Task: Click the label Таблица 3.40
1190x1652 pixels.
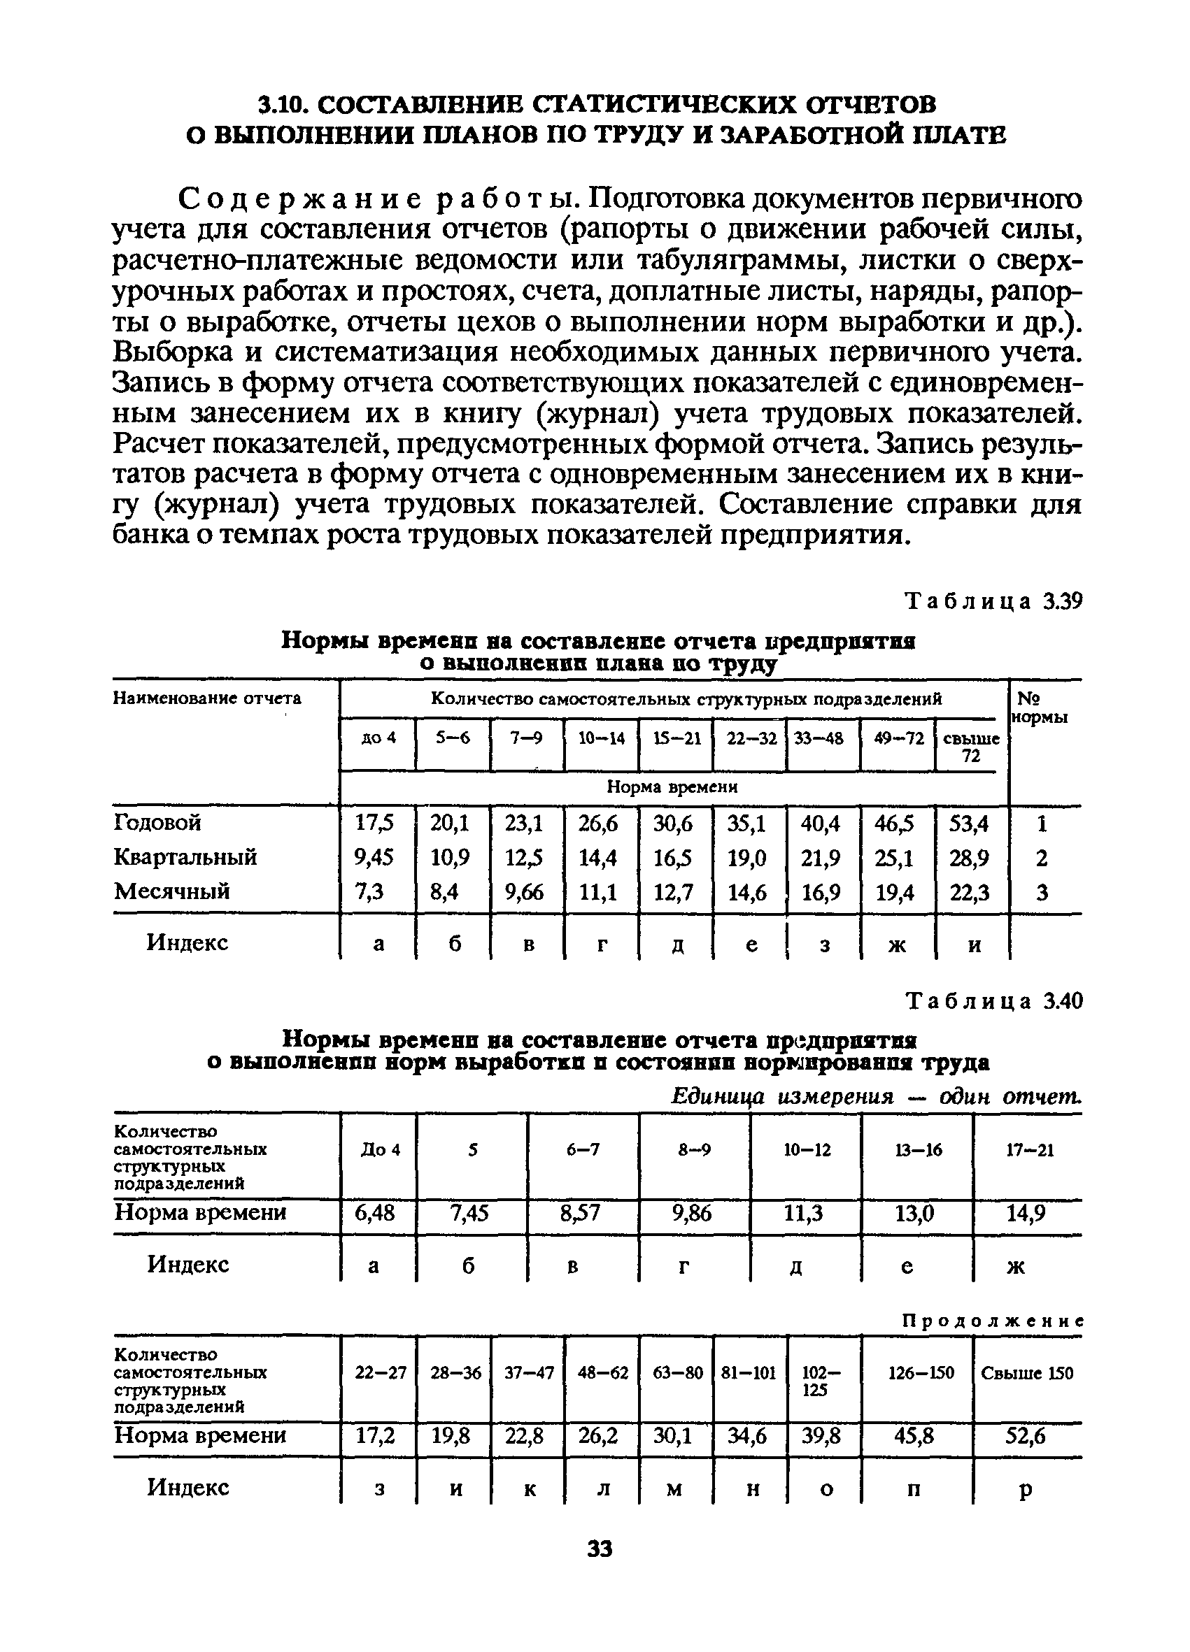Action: click(993, 1002)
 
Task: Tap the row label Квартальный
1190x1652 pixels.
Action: click(185, 856)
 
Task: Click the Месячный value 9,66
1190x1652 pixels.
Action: click(525, 891)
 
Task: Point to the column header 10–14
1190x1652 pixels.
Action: click(601, 738)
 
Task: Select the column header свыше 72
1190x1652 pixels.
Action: click(970, 747)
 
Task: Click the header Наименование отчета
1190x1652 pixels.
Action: click(207, 698)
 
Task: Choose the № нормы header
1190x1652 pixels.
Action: click(1040, 707)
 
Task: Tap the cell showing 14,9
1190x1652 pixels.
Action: click(1026, 1213)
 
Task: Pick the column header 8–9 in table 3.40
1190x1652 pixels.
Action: click(694, 1149)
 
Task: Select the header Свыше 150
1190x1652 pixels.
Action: click(1026, 1373)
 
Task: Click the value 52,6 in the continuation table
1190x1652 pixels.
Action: click(1026, 1436)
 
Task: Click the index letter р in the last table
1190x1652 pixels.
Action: click(1026, 1491)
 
